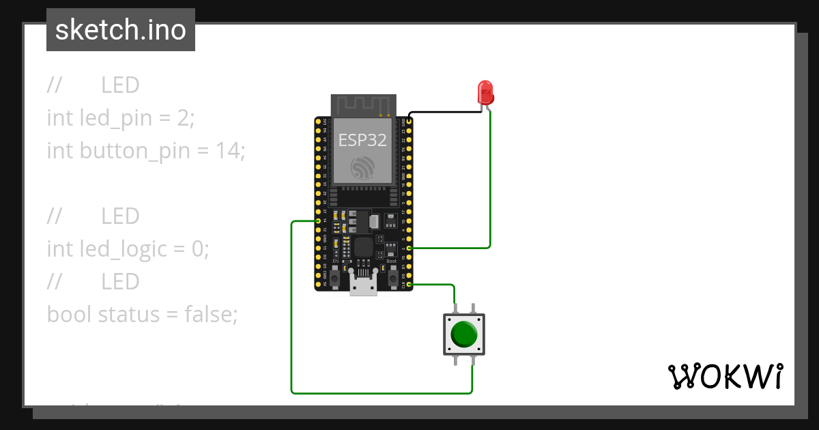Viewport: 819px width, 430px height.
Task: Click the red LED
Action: click(485, 91)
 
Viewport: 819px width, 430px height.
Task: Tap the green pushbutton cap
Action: click(465, 334)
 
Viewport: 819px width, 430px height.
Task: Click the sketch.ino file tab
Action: click(121, 30)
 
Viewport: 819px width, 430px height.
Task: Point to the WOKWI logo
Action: click(724, 376)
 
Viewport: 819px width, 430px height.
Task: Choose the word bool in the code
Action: click(69, 315)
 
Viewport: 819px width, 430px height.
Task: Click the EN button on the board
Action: click(336, 278)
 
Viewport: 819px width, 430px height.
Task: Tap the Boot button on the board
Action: click(392, 278)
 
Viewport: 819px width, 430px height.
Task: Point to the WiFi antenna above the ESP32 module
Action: click(364, 105)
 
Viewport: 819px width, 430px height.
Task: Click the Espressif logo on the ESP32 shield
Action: click(362, 167)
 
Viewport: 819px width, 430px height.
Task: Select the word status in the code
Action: click(128, 315)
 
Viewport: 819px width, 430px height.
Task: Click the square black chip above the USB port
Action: click(364, 246)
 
